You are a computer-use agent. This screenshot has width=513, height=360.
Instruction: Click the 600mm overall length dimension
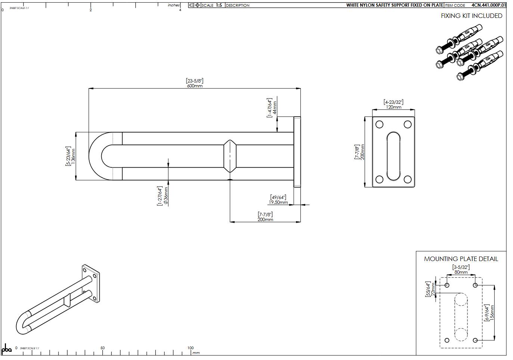click(195, 86)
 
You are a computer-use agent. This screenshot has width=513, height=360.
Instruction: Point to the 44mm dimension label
click(275, 108)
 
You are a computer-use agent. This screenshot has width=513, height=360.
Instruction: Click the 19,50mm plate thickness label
click(278, 202)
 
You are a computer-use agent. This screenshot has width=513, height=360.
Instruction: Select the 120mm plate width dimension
click(393, 107)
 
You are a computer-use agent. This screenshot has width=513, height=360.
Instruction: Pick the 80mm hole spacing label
click(461, 272)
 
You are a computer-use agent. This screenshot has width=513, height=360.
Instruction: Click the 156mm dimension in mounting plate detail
click(492, 313)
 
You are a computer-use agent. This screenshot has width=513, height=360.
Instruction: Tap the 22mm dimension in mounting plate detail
click(433, 289)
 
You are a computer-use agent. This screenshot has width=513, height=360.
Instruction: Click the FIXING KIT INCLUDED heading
click(472, 16)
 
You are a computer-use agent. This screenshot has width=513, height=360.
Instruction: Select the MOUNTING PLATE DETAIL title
click(461, 259)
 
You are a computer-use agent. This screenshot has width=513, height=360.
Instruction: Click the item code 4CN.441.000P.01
click(488, 5)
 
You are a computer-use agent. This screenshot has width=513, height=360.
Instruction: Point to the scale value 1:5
click(219, 5)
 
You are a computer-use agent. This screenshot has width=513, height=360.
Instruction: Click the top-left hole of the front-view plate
click(379, 124)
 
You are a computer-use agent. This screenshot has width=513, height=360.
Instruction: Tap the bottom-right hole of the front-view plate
click(408, 180)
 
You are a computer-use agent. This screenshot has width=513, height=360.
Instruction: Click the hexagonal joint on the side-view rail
click(230, 156)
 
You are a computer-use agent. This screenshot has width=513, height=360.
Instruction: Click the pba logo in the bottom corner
click(7, 349)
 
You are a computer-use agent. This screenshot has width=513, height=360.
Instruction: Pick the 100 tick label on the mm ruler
click(190, 348)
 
